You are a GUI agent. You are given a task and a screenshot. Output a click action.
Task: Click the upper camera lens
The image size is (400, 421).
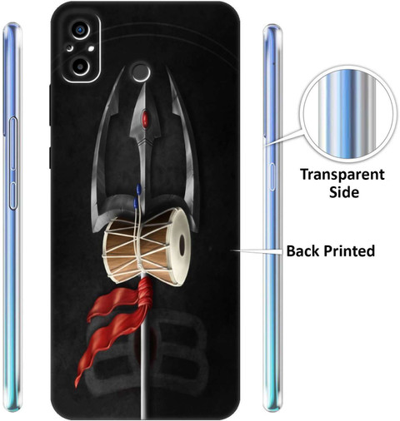point(81,29)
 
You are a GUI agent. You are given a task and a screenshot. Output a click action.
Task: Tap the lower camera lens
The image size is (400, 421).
point(81,67)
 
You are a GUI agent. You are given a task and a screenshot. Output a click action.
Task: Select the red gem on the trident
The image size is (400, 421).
point(145,120)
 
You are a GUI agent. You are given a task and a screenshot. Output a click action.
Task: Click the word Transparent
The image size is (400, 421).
point(342,175)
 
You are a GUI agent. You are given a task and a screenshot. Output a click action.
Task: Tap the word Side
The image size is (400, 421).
point(344,192)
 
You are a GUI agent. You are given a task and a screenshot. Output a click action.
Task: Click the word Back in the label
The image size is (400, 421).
point(303,250)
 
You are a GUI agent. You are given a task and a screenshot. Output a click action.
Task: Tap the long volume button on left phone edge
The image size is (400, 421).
point(13,143)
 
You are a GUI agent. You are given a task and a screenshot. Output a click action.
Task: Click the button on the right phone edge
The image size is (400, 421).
point(272,177)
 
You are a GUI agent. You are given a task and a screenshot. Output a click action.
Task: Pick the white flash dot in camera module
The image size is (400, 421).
point(92,49)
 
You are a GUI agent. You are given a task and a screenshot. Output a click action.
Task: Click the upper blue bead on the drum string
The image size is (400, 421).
point(138,189)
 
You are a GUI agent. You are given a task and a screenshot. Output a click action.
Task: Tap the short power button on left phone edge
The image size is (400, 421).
point(13,196)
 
